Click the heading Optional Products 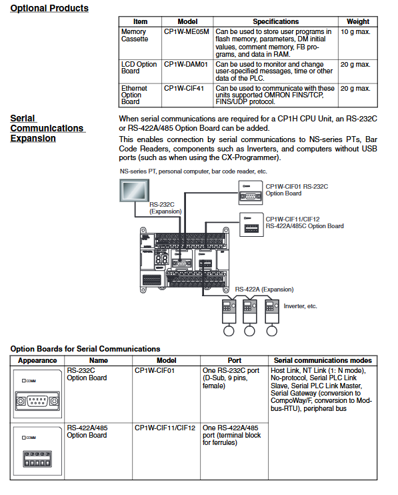pyautogui.click(x=49, y=8)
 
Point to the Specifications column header pyautogui.click(x=275, y=21)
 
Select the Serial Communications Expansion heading pyautogui.click(x=47, y=128)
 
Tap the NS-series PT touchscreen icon pyautogui.click(x=135, y=190)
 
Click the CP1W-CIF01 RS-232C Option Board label pyautogui.click(x=297, y=190)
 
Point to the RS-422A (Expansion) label pyautogui.click(x=264, y=290)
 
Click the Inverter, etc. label pyautogui.click(x=300, y=306)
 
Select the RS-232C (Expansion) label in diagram pyautogui.click(x=165, y=208)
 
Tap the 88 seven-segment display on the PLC pyautogui.click(x=161, y=260)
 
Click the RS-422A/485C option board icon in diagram pyautogui.click(x=251, y=224)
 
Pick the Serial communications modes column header pyautogui.click(x=323, y=360)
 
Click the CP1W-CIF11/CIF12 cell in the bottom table pyautogui.click(x=165, y=428)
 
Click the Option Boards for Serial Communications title pyautogui.click(x=85, y=349)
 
